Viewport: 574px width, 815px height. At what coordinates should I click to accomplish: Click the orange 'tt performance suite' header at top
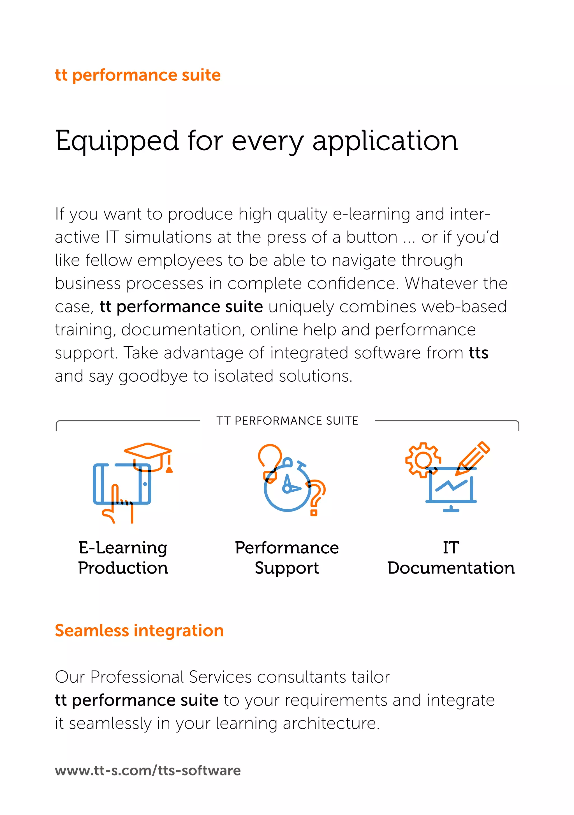click(138, 75)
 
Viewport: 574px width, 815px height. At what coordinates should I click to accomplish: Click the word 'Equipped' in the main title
click(117, 141)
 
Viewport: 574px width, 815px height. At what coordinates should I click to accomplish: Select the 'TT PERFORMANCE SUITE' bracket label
click(287, 421)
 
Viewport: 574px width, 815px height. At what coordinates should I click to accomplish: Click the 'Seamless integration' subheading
click(139, 631)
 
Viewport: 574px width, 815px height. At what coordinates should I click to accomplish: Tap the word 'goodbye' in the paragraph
click(153, 376)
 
